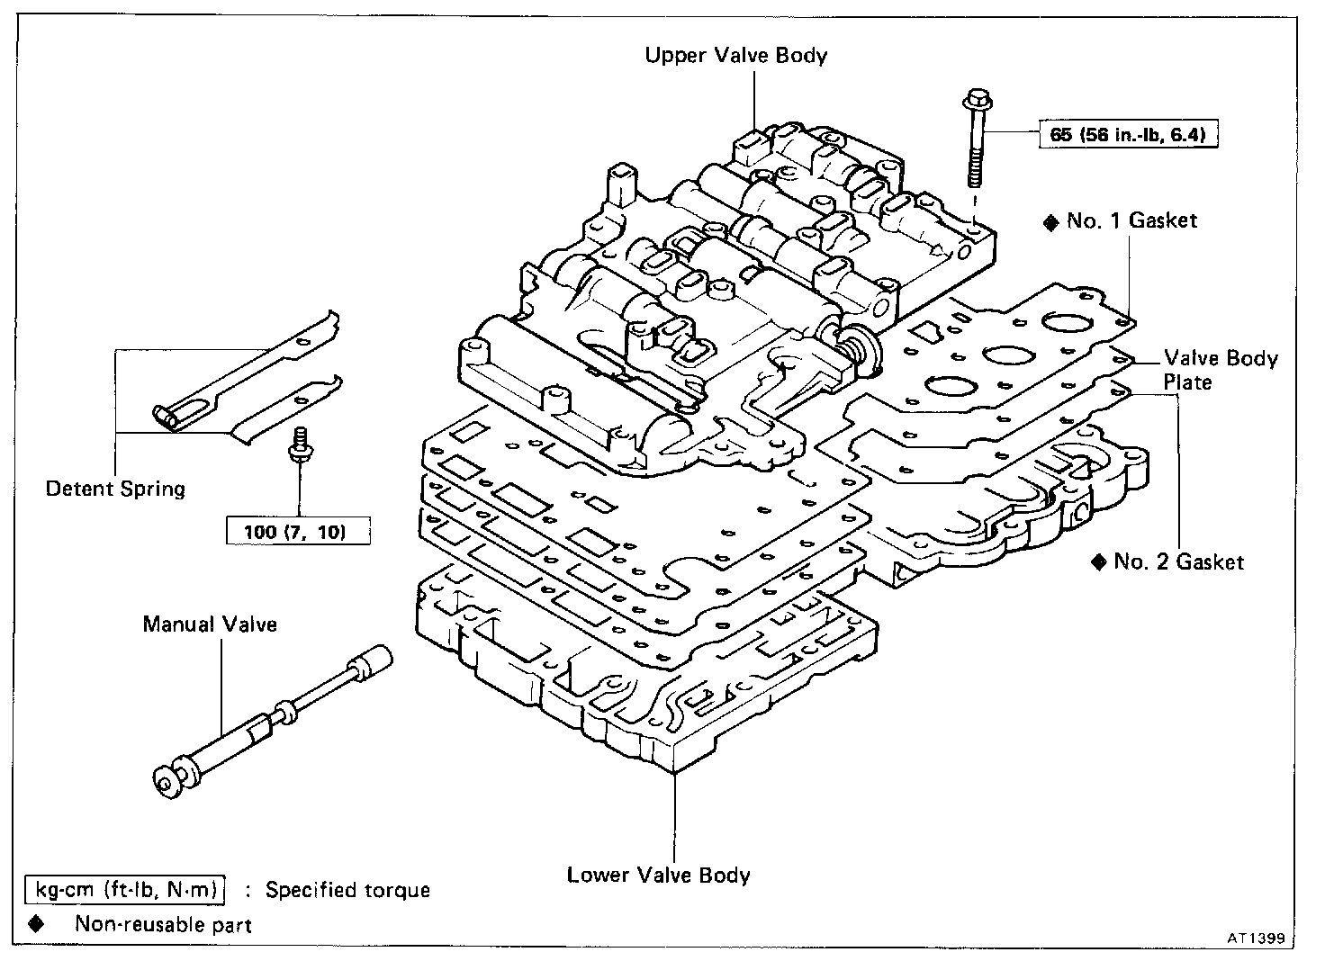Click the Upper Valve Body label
[735, 55]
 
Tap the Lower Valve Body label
[658, 875]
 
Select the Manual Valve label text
[210, 624]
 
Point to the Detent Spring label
[115, 489]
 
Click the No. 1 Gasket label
[1131, 220]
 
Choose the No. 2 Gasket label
[1178, 561]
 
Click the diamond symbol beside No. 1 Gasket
[1050, 222]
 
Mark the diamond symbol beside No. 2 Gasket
[1097, 562]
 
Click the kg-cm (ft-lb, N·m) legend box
[125, 890]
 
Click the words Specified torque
[347, 890]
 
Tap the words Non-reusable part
[163, 924]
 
